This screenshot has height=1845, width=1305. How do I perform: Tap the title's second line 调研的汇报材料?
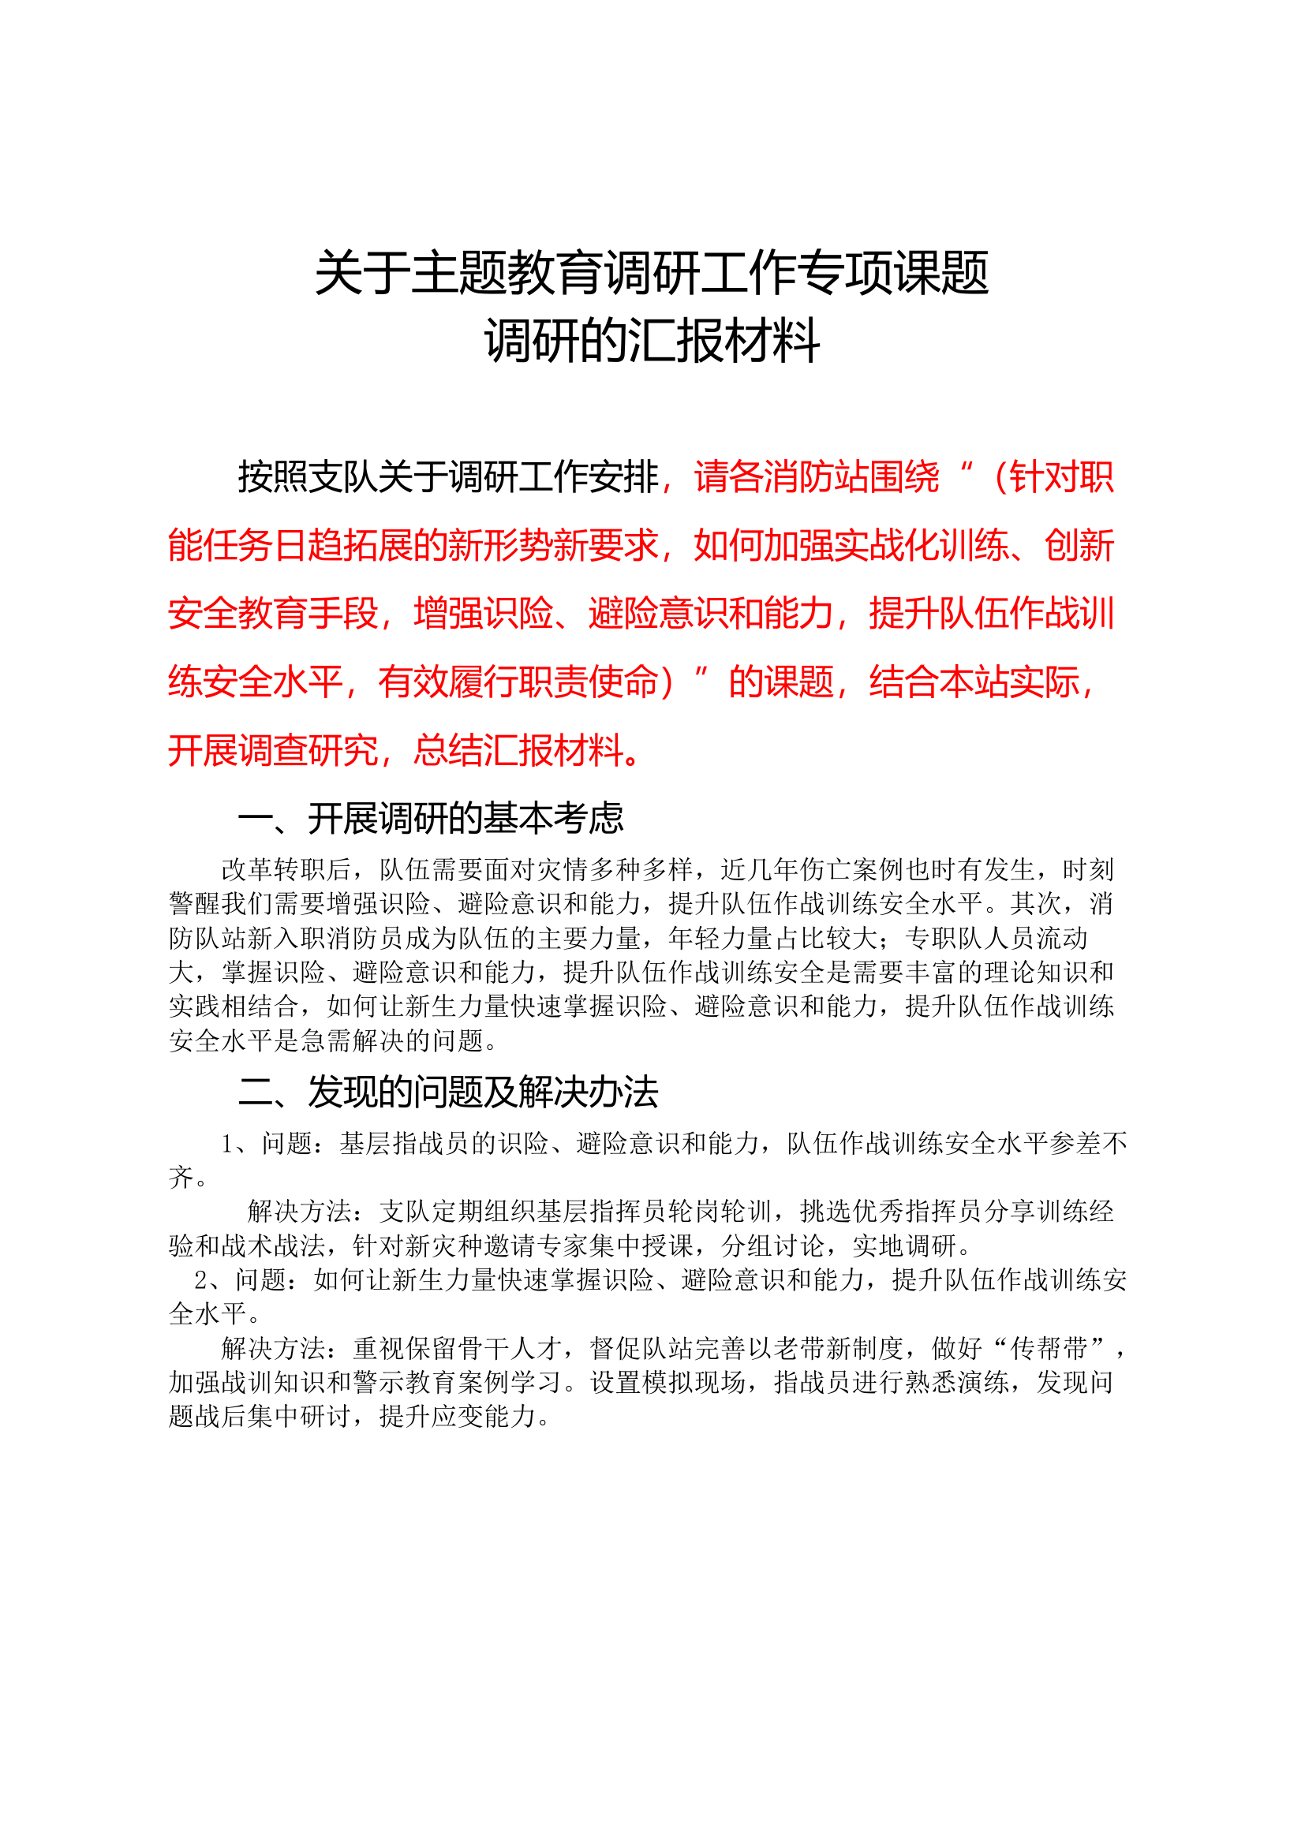[652, 341]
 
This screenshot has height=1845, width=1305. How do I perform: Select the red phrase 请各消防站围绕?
[817, 477]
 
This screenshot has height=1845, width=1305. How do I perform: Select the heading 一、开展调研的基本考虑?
[431, 819]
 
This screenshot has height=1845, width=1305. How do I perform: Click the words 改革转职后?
[286, 869]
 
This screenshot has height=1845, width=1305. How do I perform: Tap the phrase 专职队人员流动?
[997, 938]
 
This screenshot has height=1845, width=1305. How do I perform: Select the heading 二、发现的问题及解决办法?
[448, 1092]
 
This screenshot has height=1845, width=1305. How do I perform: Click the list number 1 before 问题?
[228, 1144]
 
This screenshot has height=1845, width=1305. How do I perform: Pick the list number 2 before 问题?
[202, 1280]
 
